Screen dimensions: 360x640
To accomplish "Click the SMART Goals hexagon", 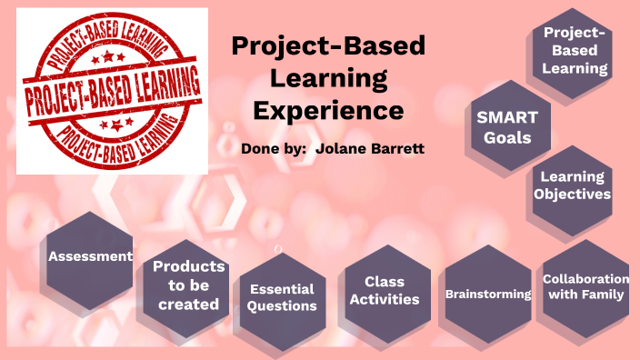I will [x=507, y=128].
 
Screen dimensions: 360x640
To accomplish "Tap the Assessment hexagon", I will [x=90, y=257].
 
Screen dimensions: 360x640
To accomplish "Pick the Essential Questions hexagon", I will [x=282, y=296].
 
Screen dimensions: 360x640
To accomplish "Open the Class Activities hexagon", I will [x=385, y=291].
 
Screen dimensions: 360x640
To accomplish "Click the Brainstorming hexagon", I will [x=487, y=294].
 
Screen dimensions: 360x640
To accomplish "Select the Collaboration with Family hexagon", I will [x=585, y=286].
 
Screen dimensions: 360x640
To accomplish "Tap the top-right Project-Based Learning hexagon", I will [x=575, y=50].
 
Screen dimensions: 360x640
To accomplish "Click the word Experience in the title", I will [x=328, y=111].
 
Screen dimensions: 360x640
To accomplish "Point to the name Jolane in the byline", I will [x=345, y=147].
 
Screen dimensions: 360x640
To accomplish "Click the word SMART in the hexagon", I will [x=507, y=117].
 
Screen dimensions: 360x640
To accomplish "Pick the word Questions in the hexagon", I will [x=282, y=306].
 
